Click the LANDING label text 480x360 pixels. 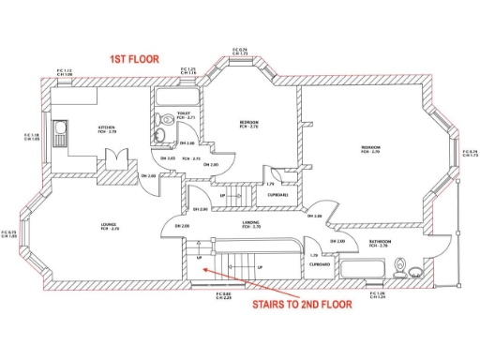[250, 223]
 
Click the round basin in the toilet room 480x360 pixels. [161, 138]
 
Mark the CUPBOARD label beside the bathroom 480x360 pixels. [320, 264]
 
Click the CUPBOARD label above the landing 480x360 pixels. [277, 195]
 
